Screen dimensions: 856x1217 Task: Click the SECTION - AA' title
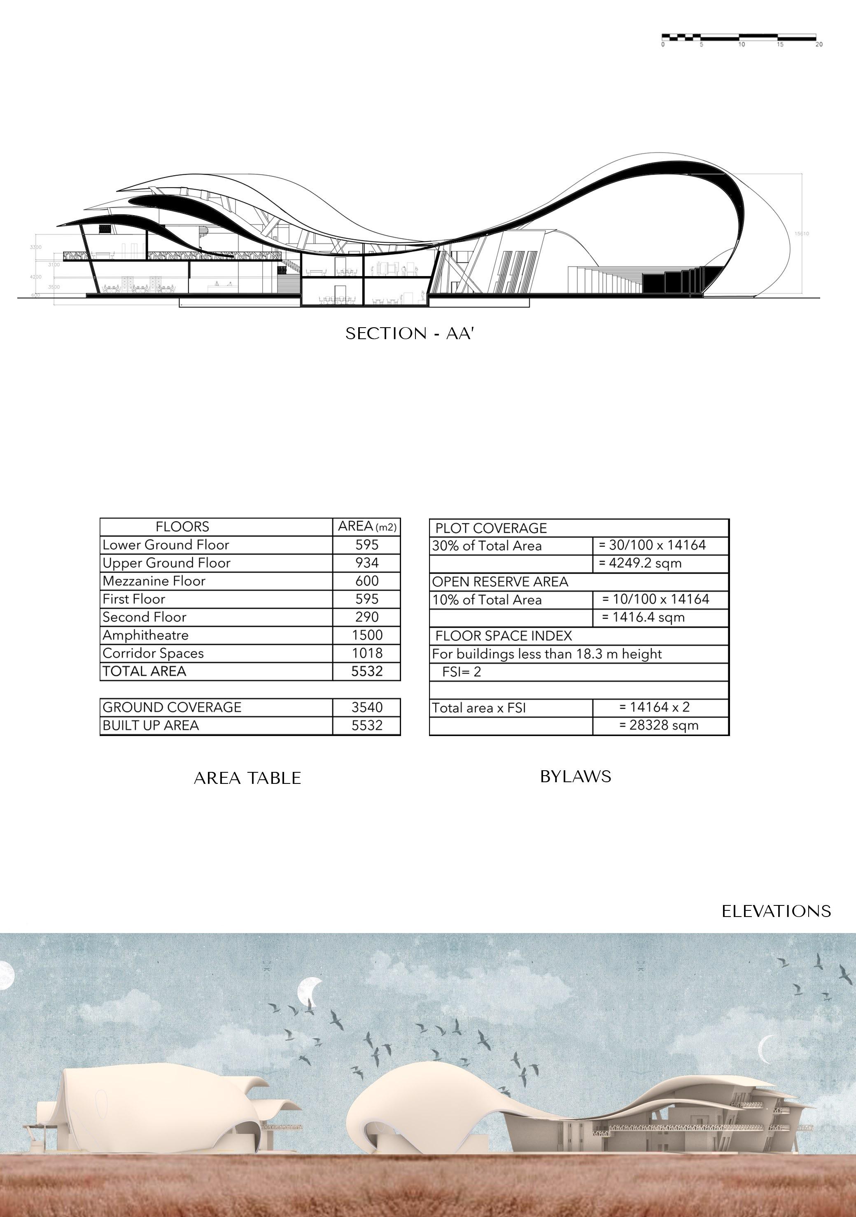click(x=409, y=333)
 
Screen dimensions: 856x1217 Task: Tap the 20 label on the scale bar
click(x=819, y=45)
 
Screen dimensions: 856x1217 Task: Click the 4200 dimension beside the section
click(x=35, y=277)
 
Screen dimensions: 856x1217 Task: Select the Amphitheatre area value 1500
click(x=366, y=635)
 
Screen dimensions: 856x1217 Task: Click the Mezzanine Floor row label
click(x=154, y=581)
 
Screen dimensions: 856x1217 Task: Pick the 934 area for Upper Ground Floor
click(x=366, y=563)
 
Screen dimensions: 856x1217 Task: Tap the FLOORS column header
click(x=182, y=527)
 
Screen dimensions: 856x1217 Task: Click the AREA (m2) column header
click(x=366, y=526)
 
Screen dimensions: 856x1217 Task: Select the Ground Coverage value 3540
click(x=366, y=707)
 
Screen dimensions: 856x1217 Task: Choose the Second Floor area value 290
click(x=366, y=617)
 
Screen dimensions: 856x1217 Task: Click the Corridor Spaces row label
click(x=153, y=653)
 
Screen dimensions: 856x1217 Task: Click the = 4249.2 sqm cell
click(x=639, y=563)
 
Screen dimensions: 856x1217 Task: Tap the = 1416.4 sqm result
click(x=643, y=617)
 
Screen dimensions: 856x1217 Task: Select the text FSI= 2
click(x=462, y=672)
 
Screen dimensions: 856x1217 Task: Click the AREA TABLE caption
click(x=247, y=778)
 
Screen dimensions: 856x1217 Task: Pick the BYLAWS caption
click(x=575, y=776)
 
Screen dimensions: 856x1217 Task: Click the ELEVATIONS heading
click(x=776, y=911)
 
